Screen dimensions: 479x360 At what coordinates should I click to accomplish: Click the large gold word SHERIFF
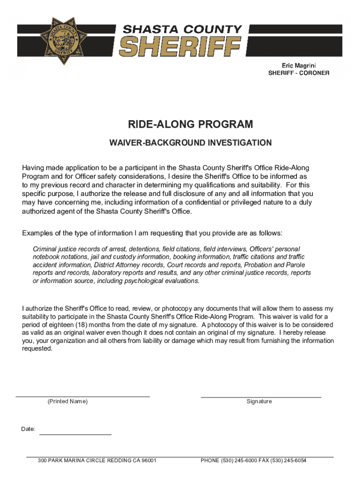pyautogui.click(x=180, y=47)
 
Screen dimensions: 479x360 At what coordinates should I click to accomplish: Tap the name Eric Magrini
pyautogui.click(x=298, y=65)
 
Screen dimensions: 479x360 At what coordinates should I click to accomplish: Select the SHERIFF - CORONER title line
pyautogui.click(x=298, y=73)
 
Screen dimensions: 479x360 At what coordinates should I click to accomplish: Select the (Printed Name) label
pyautogui.click(x=68, y=402)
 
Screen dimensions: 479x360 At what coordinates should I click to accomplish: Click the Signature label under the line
pyautogui.click(x=259, y=402)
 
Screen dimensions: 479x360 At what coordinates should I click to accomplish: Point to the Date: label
pyautogui.click(x=28, y=429)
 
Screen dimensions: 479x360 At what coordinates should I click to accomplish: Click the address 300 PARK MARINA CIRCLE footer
pyautogui.click(x=97, y=461)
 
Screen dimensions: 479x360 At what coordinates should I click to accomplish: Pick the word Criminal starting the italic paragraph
pyautogui.click(x=45, y=249)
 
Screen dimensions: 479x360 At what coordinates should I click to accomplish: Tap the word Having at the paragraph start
pyautogui.click(x=35, y=167)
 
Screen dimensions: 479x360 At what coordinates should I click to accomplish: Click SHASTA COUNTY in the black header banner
pyautogui.click(x=182, y=29)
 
